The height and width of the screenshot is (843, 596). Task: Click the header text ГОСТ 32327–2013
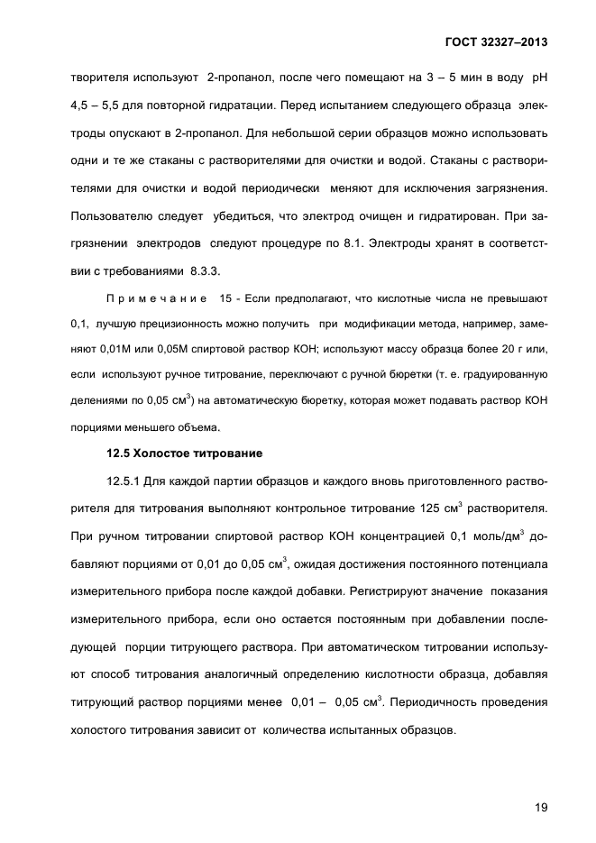coord(496,41)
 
